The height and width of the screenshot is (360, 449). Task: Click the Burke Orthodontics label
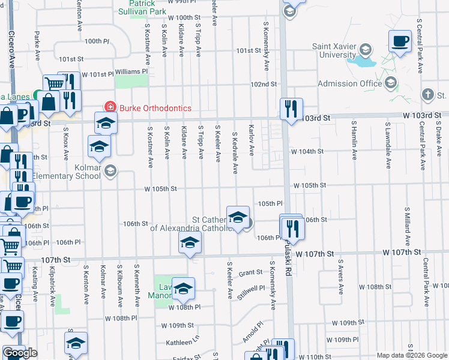click(155, 108)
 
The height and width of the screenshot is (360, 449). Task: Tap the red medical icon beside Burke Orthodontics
click(110, 107)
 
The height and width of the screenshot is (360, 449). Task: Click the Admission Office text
click(349, 83)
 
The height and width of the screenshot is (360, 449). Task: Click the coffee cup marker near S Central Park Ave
click(400, 41)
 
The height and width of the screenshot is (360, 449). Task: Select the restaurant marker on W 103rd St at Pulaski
click(291, 109)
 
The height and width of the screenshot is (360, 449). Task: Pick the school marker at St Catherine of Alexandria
click(238, 217)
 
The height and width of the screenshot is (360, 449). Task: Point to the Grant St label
click(250, 272)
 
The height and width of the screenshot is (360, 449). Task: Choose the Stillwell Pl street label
click(251, 292)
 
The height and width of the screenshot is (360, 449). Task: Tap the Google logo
click(20, 353)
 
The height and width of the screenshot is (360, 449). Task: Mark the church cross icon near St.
click(427, 95)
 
